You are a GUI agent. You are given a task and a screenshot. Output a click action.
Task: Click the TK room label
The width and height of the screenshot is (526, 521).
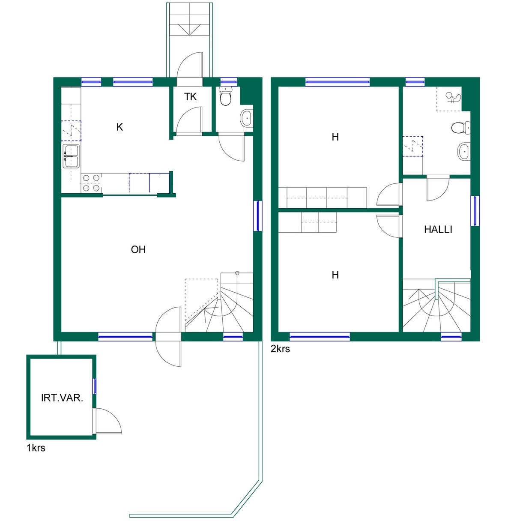(190, 97)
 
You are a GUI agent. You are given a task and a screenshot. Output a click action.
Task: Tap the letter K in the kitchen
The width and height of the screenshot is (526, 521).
(120, 127)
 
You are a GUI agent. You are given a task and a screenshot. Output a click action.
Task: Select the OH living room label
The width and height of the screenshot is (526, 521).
(138, 249)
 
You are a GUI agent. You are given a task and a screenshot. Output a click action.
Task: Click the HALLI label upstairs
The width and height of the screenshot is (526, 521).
(438, 229)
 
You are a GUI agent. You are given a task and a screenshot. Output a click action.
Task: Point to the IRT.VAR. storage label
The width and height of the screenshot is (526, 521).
(62, 398)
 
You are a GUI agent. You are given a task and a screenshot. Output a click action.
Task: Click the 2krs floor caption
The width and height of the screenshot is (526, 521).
(280, 349)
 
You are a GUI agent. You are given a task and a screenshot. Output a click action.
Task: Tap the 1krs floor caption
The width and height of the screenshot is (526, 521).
(36, 448)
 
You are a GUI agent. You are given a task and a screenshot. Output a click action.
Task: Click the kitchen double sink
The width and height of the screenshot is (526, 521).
(72, 156)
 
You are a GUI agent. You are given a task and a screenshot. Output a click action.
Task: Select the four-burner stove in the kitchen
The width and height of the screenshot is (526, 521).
(91, 183)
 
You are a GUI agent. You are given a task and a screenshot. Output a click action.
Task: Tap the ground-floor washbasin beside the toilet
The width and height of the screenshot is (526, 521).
(247, 118)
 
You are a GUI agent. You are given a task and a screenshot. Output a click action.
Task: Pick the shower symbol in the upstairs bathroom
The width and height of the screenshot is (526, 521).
(453, 98)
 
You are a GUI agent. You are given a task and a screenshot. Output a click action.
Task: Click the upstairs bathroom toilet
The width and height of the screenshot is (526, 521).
(460, 128)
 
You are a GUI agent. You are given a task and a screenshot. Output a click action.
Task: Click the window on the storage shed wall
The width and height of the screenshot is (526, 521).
(94, 386)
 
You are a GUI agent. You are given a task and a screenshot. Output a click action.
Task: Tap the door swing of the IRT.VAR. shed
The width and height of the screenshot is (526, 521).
(108, 421)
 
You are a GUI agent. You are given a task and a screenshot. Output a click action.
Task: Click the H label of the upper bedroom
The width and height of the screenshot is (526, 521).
(335, 137)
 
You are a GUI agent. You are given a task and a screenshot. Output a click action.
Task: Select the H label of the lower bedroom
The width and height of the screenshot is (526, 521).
(335, 275)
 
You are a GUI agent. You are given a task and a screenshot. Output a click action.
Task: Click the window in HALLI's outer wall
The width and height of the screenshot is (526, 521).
(475, 211)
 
